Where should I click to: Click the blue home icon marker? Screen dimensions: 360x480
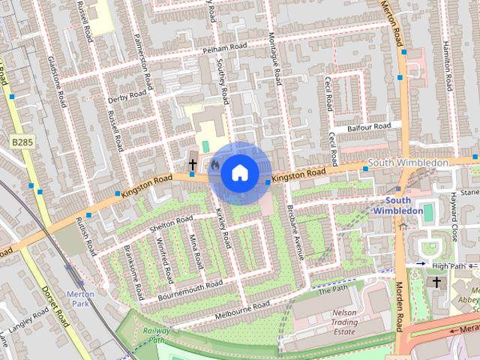point(238,172)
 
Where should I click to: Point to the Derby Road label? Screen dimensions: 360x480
point(127,95)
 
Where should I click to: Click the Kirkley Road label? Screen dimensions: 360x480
point(223,229)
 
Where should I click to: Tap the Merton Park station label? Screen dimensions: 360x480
point(80,298)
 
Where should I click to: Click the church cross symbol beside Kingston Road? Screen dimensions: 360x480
point(192,164)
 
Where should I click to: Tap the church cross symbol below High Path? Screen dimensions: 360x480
point(437,282)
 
